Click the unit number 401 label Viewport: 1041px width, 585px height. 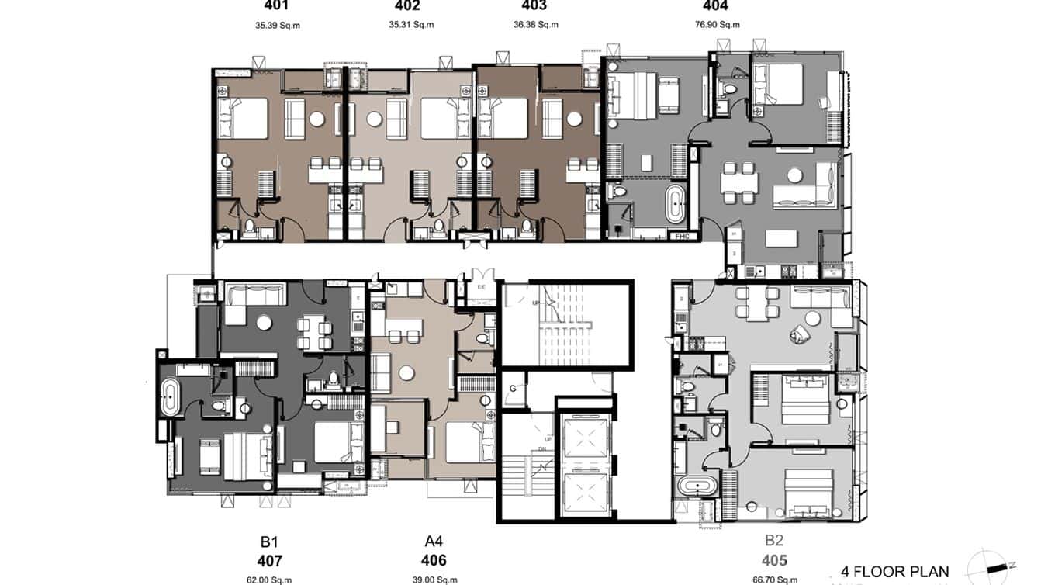277,6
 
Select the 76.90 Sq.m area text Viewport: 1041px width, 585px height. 718,25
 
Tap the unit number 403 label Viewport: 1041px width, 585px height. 534,6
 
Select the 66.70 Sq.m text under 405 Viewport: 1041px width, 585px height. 774,580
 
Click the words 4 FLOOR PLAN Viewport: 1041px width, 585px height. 894,572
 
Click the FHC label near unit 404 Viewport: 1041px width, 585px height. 683,236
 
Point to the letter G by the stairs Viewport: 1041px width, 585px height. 513,389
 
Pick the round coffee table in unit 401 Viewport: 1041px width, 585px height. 316,119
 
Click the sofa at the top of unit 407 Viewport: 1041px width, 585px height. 255,295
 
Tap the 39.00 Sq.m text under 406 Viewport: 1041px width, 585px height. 435,580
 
